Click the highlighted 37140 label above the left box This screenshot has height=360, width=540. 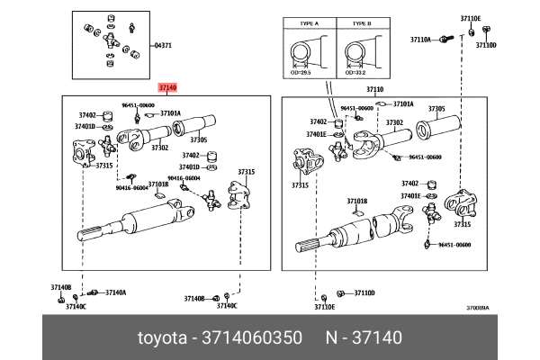[x=168, y=87]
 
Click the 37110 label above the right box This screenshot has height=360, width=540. [x=374, y=90]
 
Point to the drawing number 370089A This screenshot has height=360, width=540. [x=477, y=307]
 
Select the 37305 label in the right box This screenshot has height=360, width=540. [x=436, y=109]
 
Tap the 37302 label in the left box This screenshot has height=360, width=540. [x=159, y=148]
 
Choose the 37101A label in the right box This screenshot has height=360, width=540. [x=403, y=104]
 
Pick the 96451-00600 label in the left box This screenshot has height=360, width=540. [x=138, y=105]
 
